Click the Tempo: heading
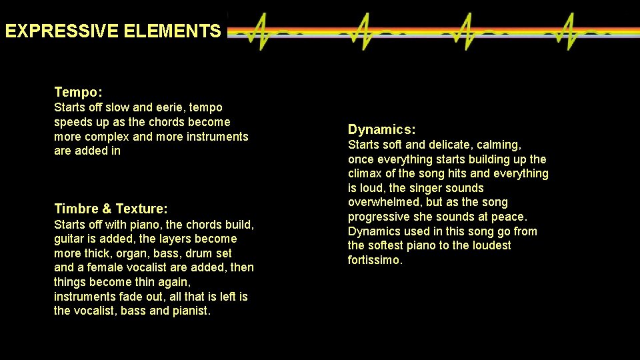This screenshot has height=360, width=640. point(78,92)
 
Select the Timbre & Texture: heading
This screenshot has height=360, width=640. point(111,209)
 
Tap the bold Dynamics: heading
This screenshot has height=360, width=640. point(382,129)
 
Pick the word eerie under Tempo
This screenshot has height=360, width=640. point(174,107)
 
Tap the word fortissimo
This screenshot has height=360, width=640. point(375,260)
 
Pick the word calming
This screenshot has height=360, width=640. point(499,145)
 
